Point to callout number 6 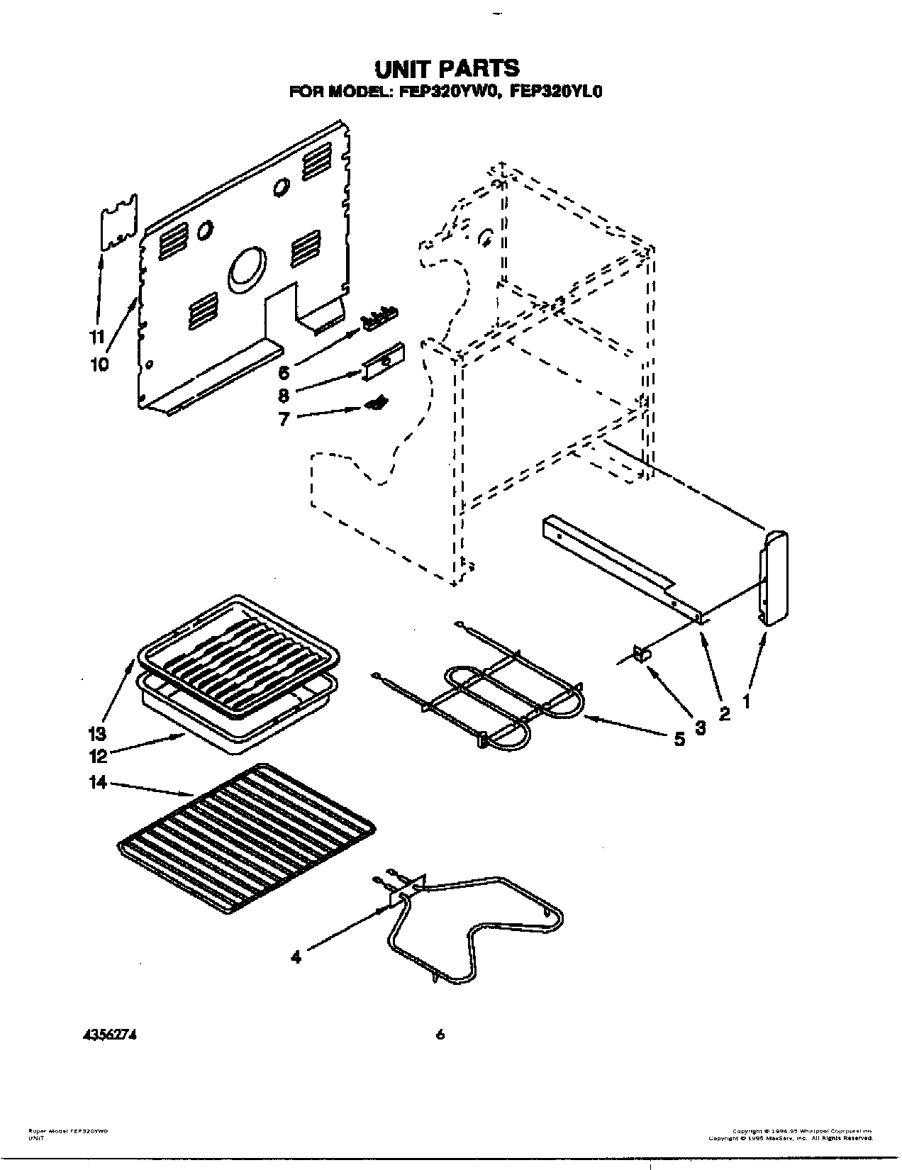pyautogui.click(x=284, y=373)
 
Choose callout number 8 pyautogui.click(x=284, y=396)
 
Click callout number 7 pyautogui.click(x=284, y=419)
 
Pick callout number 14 pyautogui.click(x=98, y=782)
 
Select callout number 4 pyautogui.click(x=296, y=957)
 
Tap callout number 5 pyautogui.click(x=679, y=740)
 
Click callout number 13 pyautogui.click(x=96, y=732)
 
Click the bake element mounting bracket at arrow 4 pyautogui.click(x=402, y=893)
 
